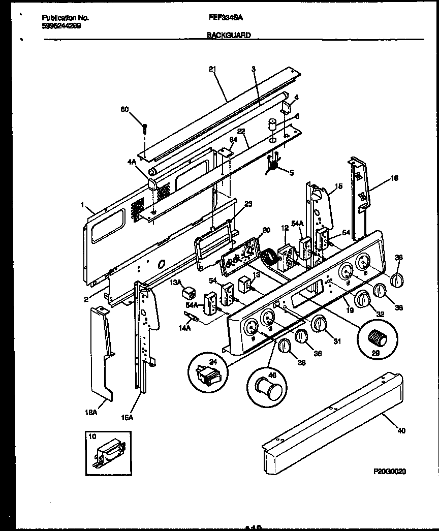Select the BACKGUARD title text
click(229, 36)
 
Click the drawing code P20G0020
click(389, 472)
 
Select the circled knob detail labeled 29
click(377, 337)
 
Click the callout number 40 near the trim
click(401, 431)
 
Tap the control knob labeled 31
click(319, 323)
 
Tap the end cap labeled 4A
click(153, 183)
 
